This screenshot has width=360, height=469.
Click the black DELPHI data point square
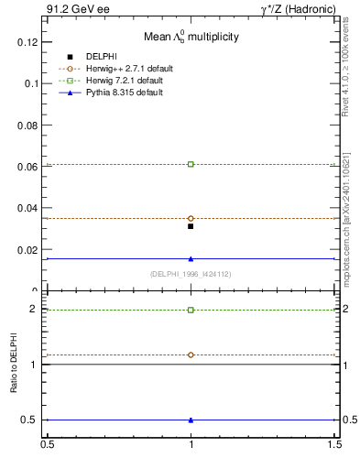point(191,226)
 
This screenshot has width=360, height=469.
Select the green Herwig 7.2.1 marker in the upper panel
point(191,164)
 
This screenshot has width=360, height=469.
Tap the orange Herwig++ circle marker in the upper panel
point(191,218)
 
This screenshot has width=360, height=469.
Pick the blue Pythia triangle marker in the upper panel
point(191,258)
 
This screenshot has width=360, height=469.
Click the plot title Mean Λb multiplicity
point(191,38)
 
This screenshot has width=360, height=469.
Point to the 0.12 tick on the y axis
point(31,42)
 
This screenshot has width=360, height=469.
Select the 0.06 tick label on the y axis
point(31,167)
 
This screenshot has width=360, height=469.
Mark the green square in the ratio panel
point(191,310)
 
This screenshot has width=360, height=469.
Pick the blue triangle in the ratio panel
point(191,420)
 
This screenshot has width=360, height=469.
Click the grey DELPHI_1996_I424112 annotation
point(191,274)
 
